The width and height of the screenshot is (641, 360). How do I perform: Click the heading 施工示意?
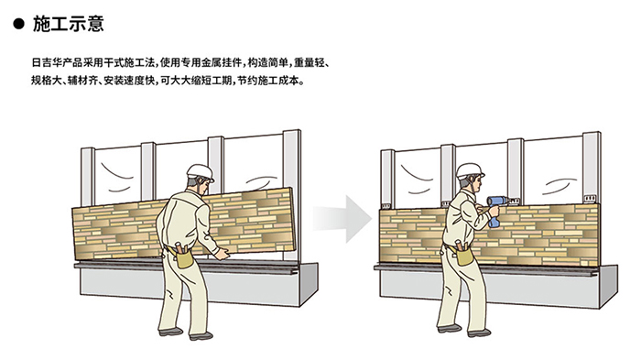[x=69, y=24]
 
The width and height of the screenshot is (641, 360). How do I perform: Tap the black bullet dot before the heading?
[x=19, y=24]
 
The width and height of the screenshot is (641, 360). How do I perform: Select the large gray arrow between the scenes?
[x=343, y=219]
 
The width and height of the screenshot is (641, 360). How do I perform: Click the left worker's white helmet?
[x=201, y=172]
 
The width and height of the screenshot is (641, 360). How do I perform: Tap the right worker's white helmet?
[x=470, y=171]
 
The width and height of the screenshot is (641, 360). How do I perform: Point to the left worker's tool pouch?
[x=183, y=256]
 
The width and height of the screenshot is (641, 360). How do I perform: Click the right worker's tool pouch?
[x=464, y=254]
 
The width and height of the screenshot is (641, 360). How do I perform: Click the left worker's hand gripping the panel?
[x=222, y=254]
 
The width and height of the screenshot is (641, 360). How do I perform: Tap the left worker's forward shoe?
[x=201, y=336]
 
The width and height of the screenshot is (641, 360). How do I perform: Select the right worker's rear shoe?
[x=450, y=328]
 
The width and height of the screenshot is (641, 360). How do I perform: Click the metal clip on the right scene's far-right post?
[x=590, y=199]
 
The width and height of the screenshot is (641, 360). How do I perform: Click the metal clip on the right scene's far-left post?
[x=386, y=206]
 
